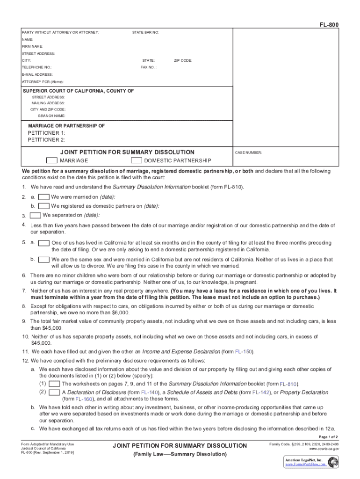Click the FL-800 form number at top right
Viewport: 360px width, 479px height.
click(x=330, y=24)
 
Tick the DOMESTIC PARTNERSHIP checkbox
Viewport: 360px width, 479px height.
click(x=136, y=160)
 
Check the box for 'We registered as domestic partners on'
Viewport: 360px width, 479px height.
click(x=44, y=206)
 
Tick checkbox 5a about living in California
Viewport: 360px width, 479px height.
click(x=44, y=243)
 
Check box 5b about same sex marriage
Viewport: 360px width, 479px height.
click(x=44, y=259)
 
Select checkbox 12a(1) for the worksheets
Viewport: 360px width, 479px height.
click(x=54, y=384)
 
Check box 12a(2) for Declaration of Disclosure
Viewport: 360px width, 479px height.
click(x=54, y=392)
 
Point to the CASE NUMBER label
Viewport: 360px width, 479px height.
click(x=248, y=152)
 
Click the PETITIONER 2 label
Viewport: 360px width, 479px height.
click(x=46, y=139)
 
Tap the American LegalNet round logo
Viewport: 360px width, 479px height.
click(x=333, y=462)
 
